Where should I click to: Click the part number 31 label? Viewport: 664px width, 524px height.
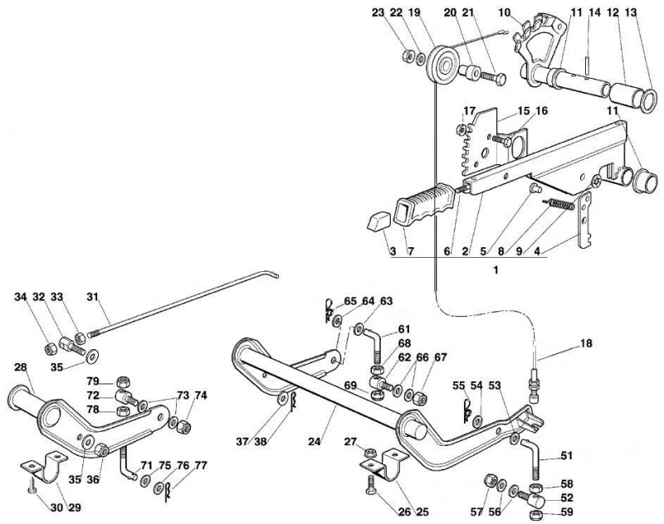click(x=92, y=297)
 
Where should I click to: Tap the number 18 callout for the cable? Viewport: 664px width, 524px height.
click(x=586, y=343)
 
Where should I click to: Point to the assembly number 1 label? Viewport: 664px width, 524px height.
click(x=496, y=269)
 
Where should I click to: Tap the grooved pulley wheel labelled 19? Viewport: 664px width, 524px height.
click(x=442, y=67)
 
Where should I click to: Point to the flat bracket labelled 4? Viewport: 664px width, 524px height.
click(x=585, y=220)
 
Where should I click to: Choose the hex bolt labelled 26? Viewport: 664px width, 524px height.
click(x=371, y=484)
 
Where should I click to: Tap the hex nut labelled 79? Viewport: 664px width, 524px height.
click(x=123, y=383)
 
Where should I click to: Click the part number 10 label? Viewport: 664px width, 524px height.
click(x=505, y=12)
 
